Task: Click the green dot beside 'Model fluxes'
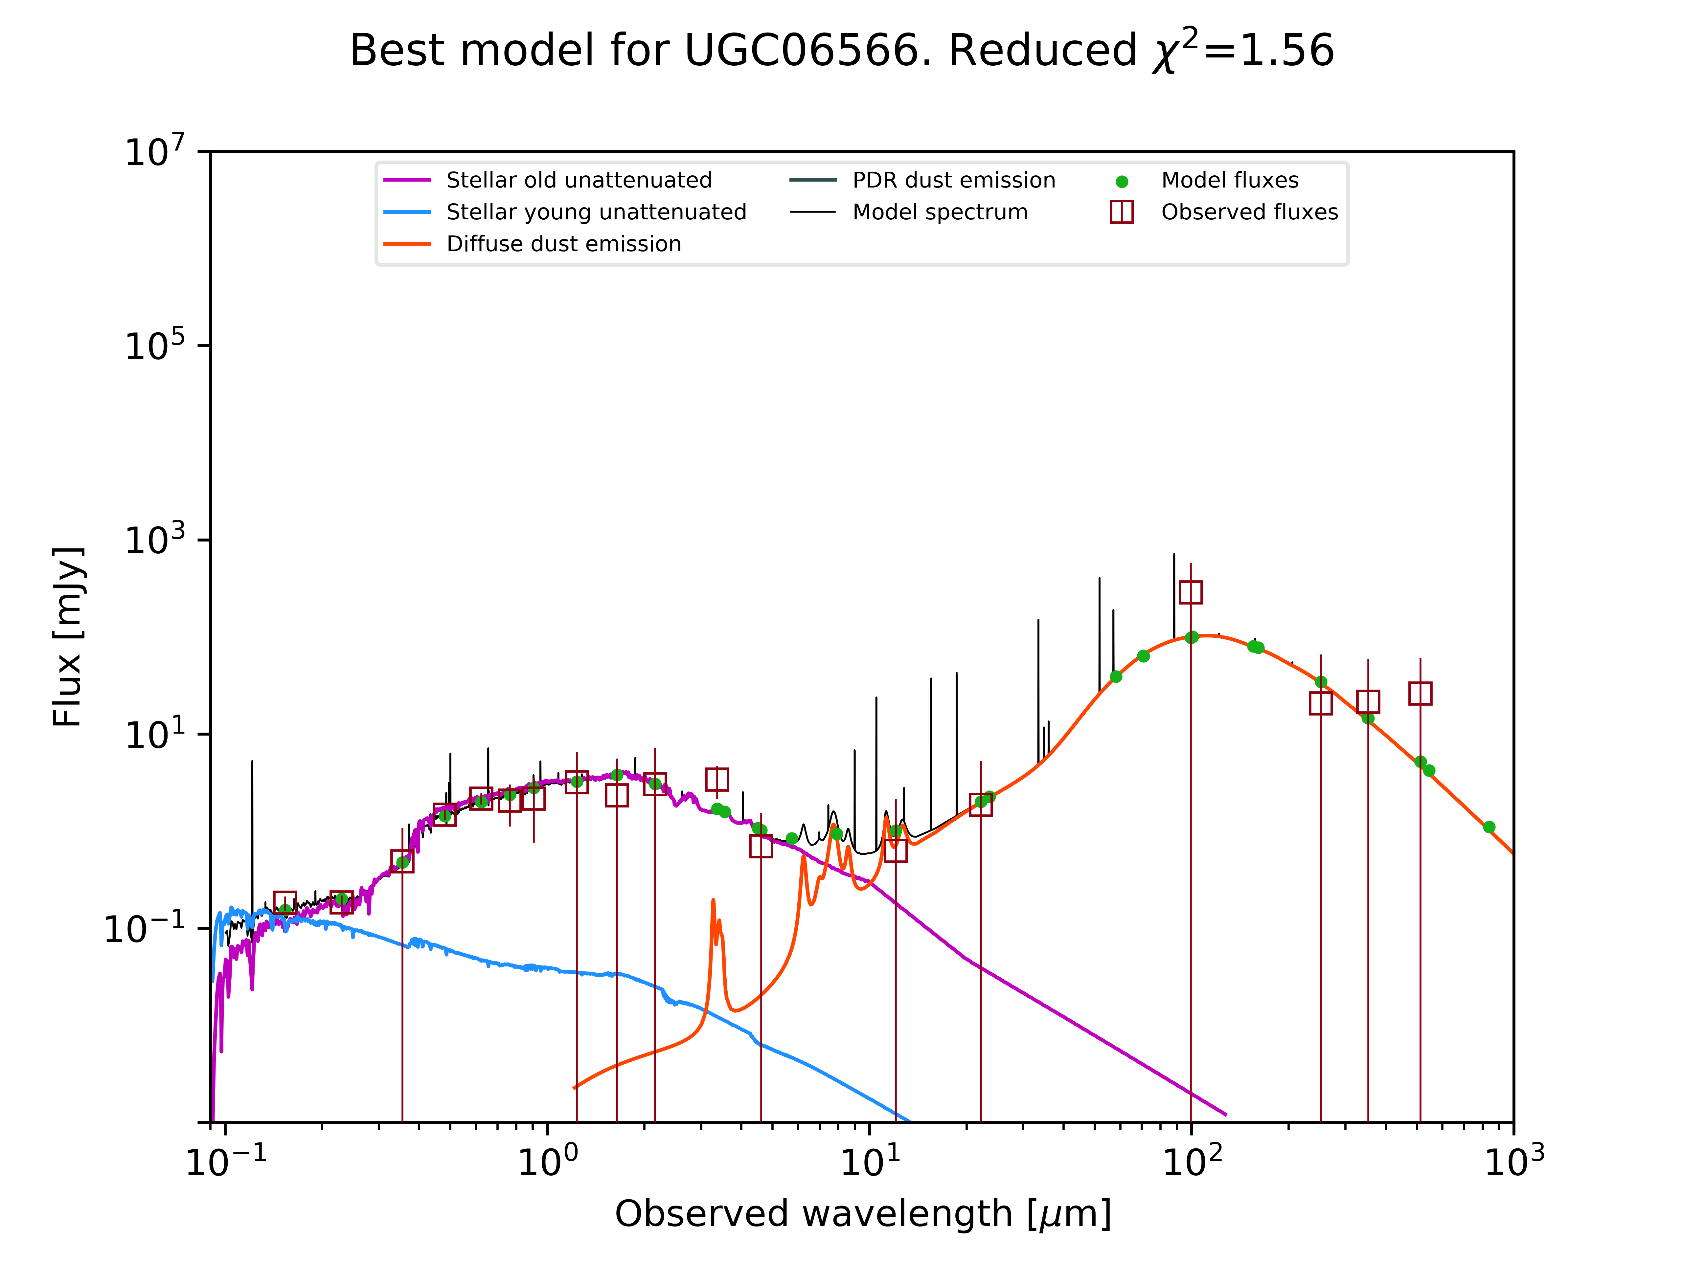(x=1122, y=182)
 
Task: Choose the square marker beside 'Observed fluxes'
(x=1122, y=212)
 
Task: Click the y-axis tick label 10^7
(x=154, y=151)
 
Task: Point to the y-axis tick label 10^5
(x=154, y=346)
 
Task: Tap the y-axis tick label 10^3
(x=154, y=540)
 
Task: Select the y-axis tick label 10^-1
(x=145, y=928)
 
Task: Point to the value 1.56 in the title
(x=1286, y=51)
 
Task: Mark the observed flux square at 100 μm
(x=1191, y=592)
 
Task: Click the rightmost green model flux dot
(x=1489, y=827)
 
